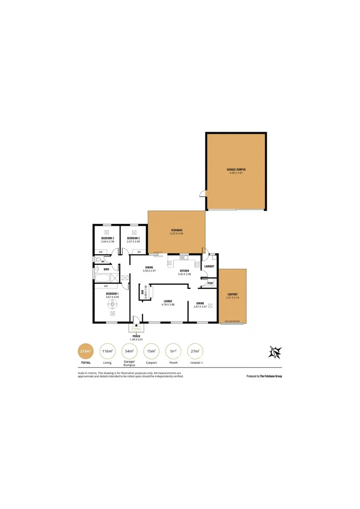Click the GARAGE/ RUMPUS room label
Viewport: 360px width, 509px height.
(x=236, y=169)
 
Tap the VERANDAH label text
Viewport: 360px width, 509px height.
(x=177, y=230)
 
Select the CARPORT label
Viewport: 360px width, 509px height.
(x=232, y=294)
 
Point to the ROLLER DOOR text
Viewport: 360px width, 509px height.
(x=232, y=321)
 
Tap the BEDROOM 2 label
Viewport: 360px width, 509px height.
(x=108, y=238)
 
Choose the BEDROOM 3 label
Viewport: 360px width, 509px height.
(x=134, y=238)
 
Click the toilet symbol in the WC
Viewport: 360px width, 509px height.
(x=98, y=260)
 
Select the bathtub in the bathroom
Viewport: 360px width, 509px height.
(x=102, y=275)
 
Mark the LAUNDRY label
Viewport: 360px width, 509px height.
(x=210, y=266)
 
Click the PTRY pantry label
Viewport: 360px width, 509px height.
(x=210, y=283)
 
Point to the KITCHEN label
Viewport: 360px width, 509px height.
(x=184, y=271)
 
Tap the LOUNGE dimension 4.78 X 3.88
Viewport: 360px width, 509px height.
(x=168, y=304)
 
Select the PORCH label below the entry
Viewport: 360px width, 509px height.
(x=136, y=336)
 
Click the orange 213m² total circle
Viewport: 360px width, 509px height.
(x=85, y=352)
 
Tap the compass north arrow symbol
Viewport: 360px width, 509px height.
(x=275, y=352)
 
